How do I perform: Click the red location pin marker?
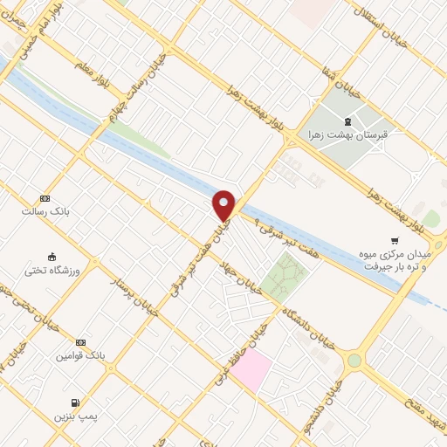tap(224, 204)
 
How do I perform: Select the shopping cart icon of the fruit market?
tap(395, 241)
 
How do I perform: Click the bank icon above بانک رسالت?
tap(45, 198)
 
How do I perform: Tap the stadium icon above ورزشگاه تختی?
tap(52, 258)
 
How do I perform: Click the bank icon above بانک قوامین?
tap(81, 342)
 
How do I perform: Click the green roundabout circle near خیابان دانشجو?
tap(354, 361)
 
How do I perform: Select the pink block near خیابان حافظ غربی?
tap(251, 370)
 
